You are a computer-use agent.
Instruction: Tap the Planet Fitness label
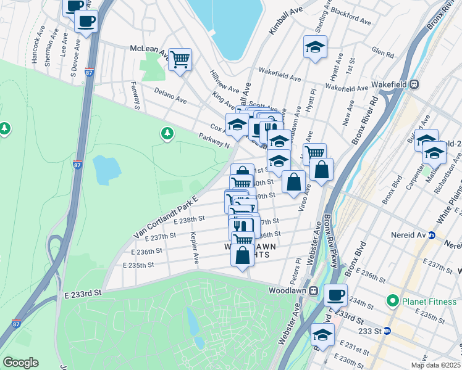pyautogui.click(x=427, y=302)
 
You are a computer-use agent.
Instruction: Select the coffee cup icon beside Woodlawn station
pyautogui.click(x=335, y=295)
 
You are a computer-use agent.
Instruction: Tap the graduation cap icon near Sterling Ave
pyautogui.click(x=315, y=47)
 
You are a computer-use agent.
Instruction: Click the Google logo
pyautogui.click(x=21, y=363)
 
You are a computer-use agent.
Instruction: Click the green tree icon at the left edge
pyautogui.click(x=5, y=128)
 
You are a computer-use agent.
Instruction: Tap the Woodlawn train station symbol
pyautogui.click(x=314, y=290)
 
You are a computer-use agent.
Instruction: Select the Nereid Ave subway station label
pyautogui.click(x=409, y=235)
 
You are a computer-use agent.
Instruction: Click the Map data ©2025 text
pyautogui.click(x=436, y=365)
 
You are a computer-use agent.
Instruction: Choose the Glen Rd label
pyautogui.click(x=382, y=53)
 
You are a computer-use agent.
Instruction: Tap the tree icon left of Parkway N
pyautogui.click(x=167, y=133)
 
